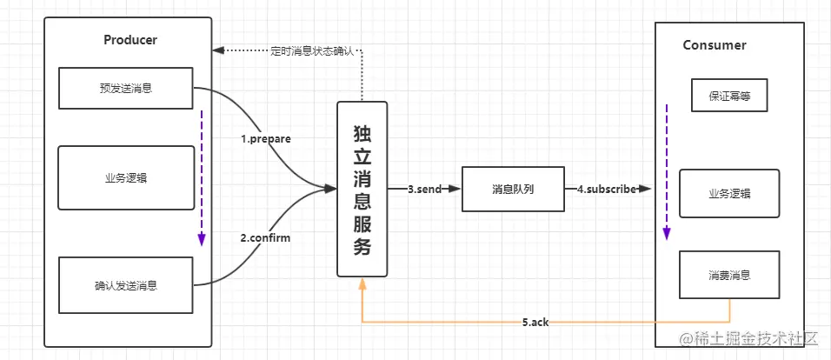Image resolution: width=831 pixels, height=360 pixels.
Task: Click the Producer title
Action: tap(130, 40)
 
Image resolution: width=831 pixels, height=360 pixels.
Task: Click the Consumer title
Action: tap(715, 45)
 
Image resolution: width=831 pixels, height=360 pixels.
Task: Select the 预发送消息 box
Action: tap(125, 88)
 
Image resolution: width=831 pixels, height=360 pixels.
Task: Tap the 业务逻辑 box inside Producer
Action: tap(126, 177)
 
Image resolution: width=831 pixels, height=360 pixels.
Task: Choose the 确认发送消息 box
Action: tap(125, 285)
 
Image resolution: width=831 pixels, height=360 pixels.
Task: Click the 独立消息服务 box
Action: tap(362, 189)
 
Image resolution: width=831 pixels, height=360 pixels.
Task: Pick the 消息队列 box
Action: tap(512, 189)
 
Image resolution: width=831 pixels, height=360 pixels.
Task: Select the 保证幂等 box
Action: tap(729, 96)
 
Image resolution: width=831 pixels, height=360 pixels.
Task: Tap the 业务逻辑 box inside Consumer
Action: tap(729, 194)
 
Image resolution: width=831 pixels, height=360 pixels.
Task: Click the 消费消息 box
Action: tap(729, 276)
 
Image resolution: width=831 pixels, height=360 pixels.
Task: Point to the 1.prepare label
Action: tap(266, 139)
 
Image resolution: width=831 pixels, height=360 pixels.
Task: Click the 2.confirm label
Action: tap(265, 238)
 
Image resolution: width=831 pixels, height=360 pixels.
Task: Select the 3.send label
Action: tap(424, 190)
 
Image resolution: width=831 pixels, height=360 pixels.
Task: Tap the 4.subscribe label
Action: tap(606, 189)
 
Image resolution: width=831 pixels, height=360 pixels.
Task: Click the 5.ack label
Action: tap(535, 322)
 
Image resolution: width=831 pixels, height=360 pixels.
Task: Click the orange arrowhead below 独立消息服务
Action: tap(362, 283)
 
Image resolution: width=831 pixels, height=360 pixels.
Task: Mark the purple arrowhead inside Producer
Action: tap(202, 239)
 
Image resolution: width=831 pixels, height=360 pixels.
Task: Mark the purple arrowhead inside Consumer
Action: tap(667, 234)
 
